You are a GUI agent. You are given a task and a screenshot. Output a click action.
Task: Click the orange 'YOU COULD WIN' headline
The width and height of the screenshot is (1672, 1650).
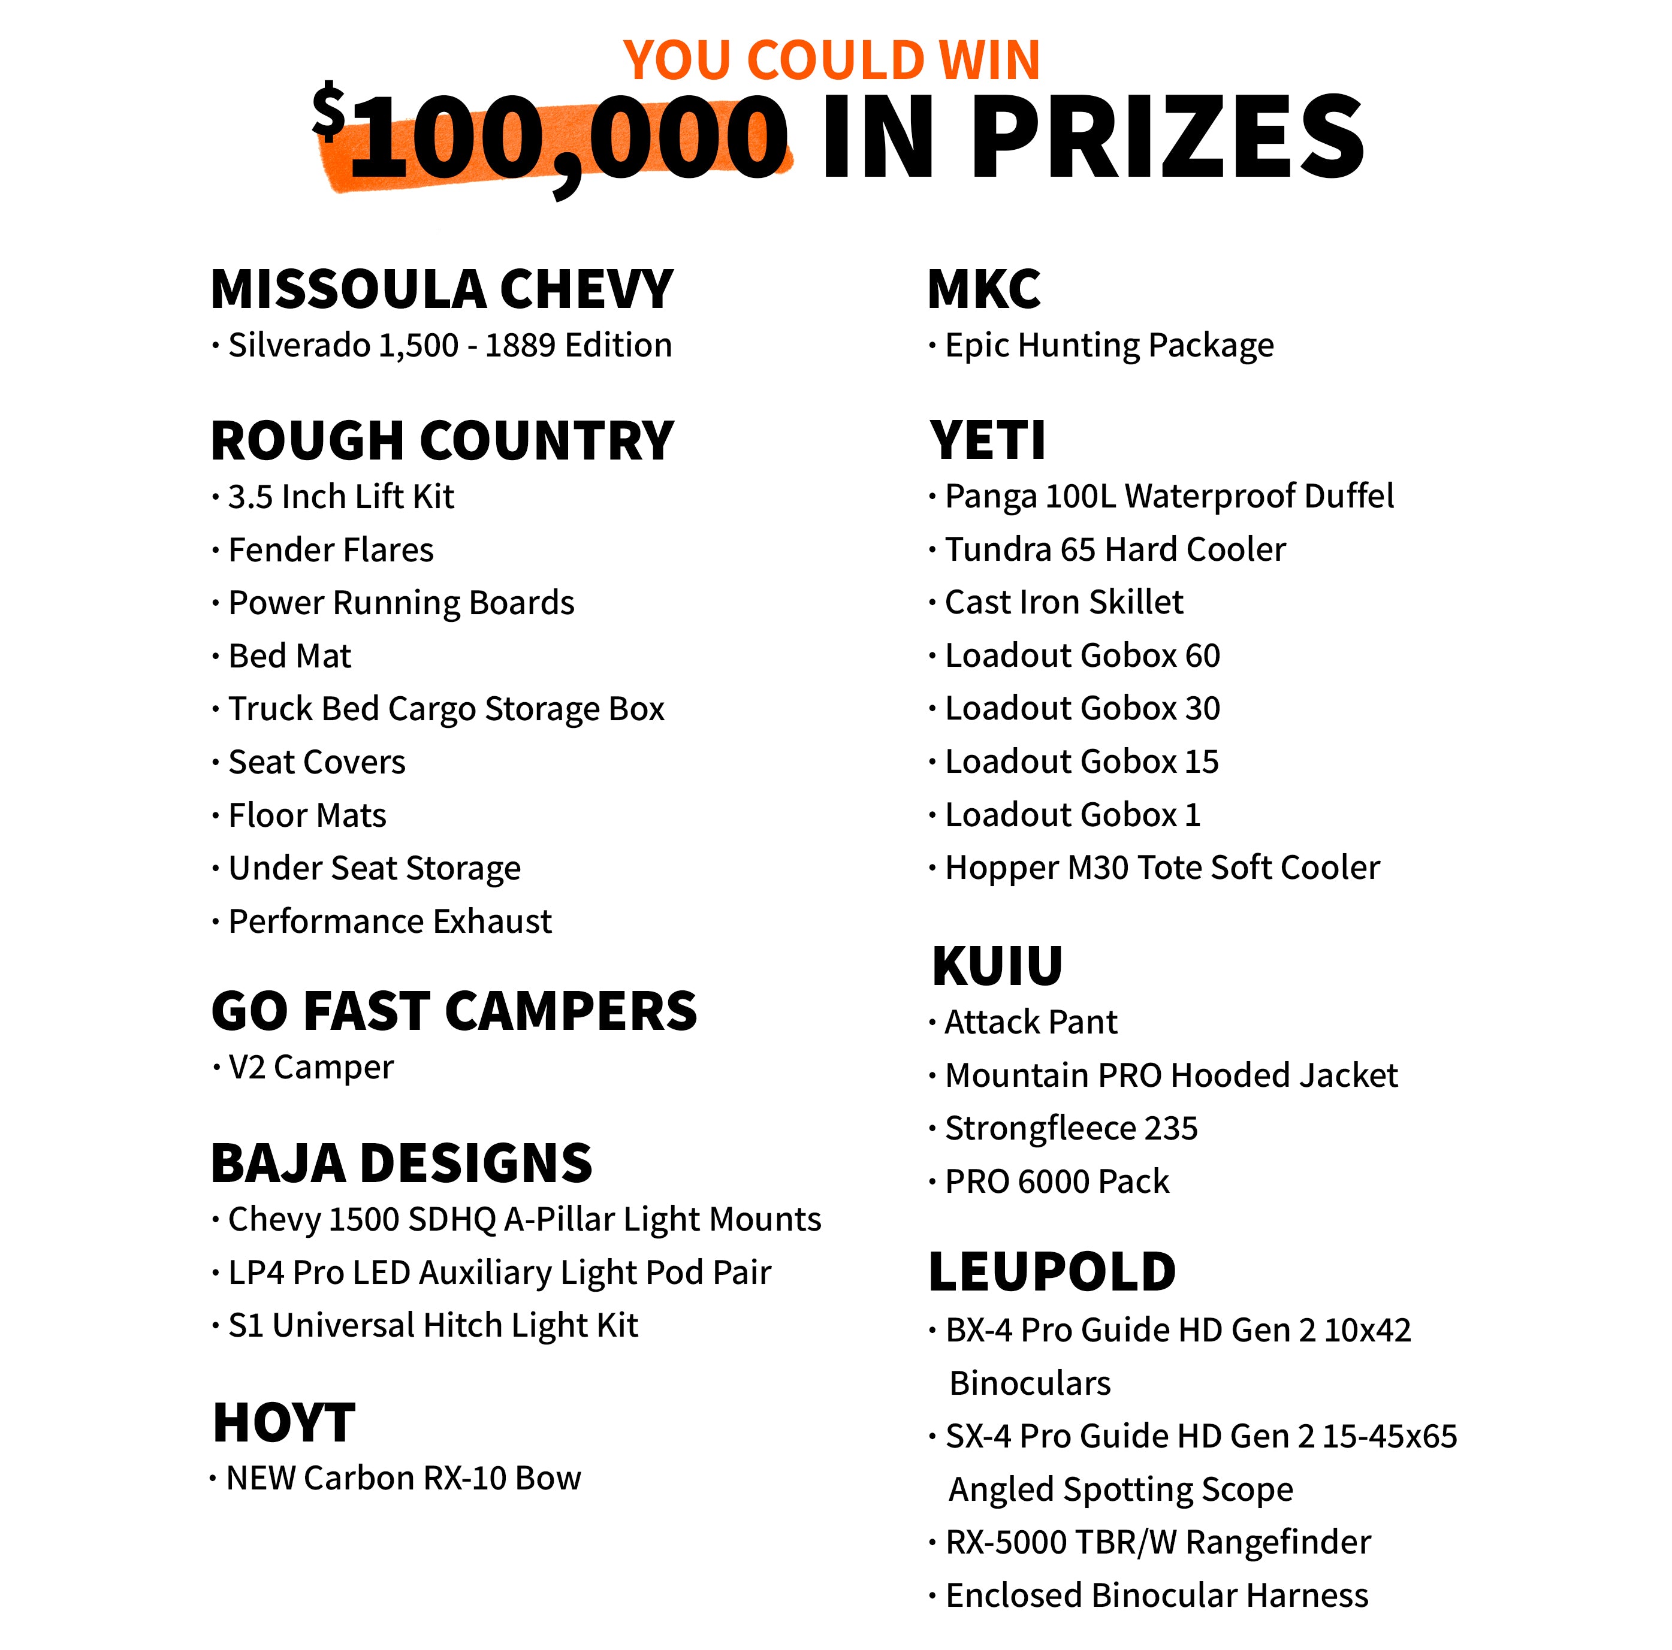[831, 61]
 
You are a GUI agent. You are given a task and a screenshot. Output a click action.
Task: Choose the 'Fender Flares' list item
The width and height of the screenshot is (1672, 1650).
[331, 550]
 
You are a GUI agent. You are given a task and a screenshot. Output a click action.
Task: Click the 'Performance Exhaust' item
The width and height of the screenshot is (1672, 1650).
[390, 921]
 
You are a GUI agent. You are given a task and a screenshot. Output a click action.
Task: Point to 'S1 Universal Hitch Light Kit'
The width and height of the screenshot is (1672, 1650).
[433, 1325]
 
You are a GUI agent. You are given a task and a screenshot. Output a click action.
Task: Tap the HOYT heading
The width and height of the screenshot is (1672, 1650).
[284, 1424]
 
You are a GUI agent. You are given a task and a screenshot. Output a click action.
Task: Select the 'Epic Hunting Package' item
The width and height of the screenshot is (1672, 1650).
[1109, 345]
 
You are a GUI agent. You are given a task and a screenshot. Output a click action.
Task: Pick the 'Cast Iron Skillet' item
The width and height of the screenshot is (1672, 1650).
[1064, 602]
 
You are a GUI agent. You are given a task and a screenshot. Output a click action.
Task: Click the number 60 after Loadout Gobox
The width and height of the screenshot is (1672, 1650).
[1202, 656]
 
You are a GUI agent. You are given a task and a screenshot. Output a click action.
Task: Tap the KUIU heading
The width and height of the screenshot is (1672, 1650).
[997, 966]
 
